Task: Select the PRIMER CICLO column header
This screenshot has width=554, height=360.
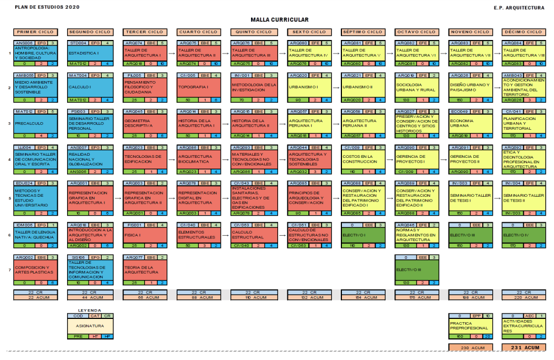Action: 35,32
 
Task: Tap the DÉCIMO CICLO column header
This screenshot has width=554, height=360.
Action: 523,32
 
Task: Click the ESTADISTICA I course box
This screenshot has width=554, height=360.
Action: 89,53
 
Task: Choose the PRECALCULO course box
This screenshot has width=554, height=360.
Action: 35,123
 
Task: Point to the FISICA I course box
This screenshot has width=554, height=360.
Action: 143,235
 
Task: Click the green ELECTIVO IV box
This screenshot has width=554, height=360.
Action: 523,235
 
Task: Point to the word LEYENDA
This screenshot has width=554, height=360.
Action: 89,310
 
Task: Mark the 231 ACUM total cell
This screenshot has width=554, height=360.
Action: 523,348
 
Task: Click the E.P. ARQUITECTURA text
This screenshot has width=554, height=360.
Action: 519,8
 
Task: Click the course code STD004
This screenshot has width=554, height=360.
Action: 78,43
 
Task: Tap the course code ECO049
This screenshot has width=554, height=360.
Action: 459,112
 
